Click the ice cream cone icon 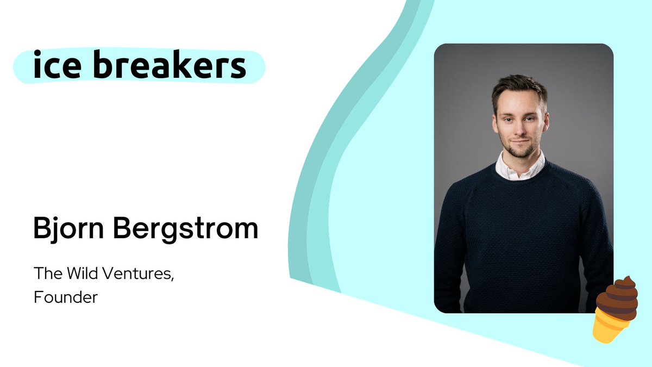[x=615, y=310]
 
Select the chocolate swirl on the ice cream [x=618, y=298]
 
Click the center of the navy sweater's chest [x=522, y=217]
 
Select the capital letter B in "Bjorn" [x=42, y=229]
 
